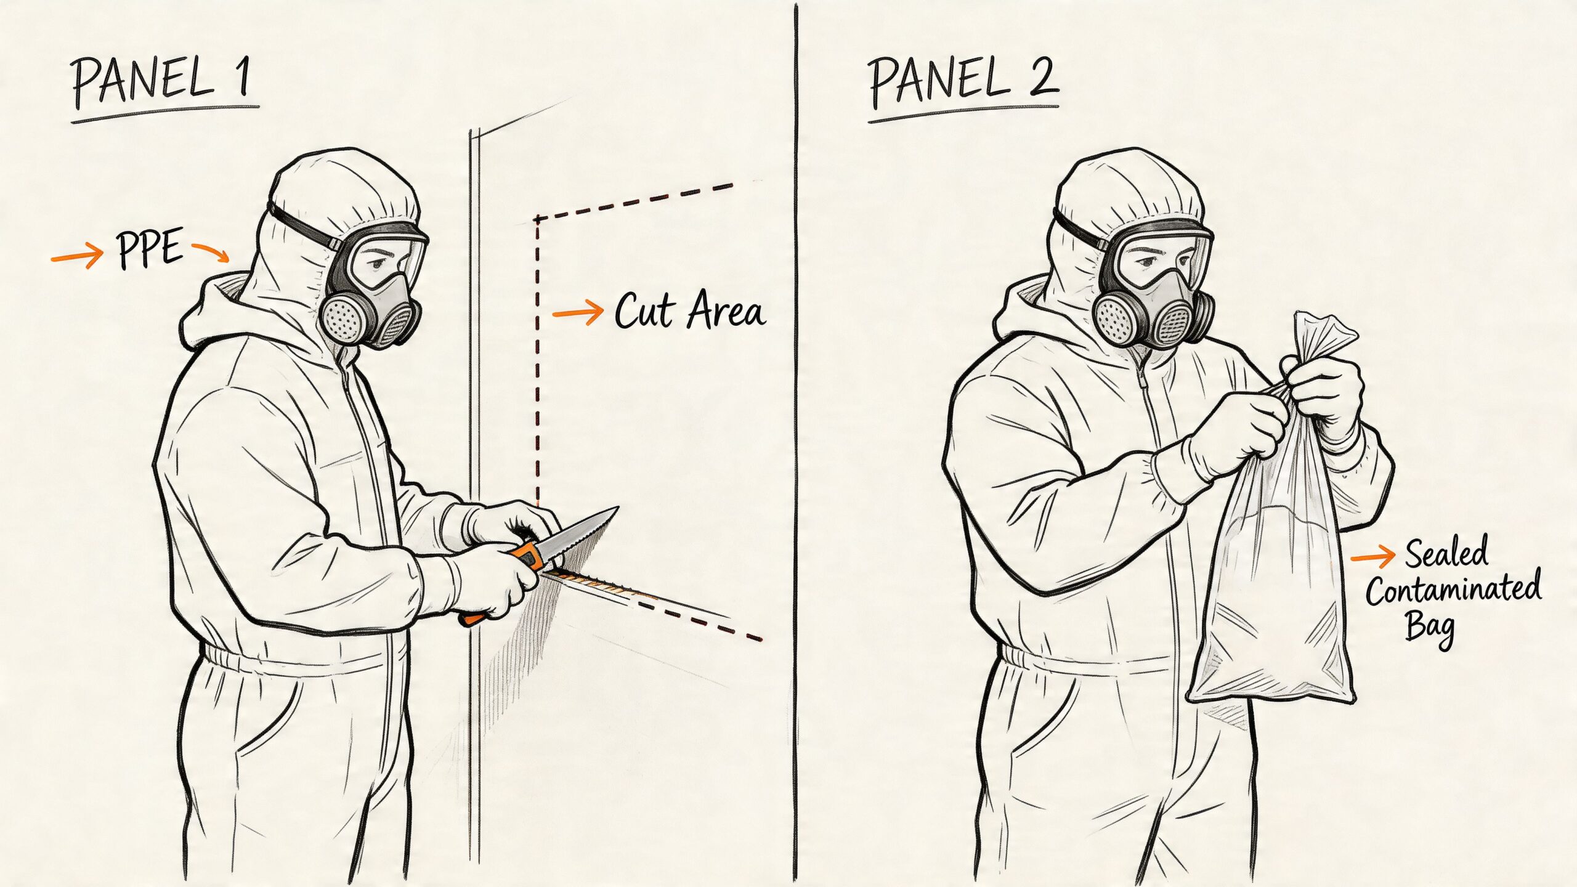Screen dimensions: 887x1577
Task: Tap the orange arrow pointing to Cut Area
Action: (577, 312)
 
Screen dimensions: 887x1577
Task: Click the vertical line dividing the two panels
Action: (796, 443)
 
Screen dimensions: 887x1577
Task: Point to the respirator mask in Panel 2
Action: (1158, 311)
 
